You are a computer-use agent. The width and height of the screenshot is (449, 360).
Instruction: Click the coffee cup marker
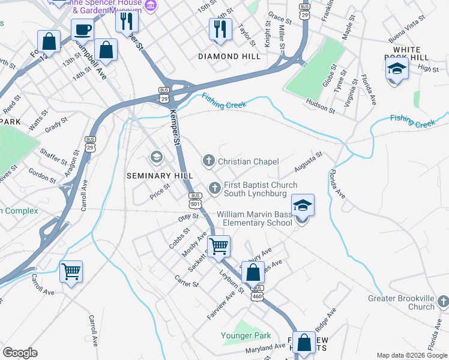[x=82, y=29]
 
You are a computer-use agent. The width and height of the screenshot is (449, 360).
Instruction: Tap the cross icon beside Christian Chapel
[x=208, y=161]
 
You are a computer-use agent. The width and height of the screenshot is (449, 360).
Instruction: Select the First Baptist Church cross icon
[x=214, y=189]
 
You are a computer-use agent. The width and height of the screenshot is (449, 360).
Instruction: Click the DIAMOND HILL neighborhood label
[x=229, y=56]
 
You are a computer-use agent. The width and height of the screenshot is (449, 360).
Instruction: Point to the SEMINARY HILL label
[x=160, y=175]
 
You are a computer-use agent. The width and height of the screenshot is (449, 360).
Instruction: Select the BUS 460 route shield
[x=258, y=296]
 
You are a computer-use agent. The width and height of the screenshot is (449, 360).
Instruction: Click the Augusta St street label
[x=309, y=161]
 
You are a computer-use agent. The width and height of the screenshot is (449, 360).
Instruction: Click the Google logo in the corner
[x=20, y=352]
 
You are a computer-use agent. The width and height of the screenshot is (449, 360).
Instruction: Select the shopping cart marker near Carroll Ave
[x=71, y=272]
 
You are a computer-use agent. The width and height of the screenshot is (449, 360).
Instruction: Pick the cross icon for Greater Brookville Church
[x=442, y=300]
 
